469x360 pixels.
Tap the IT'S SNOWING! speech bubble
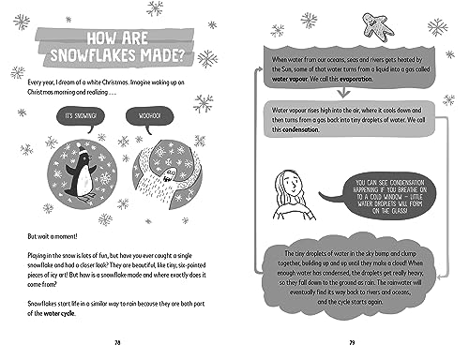pyautogui.click(x=77, y=115)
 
